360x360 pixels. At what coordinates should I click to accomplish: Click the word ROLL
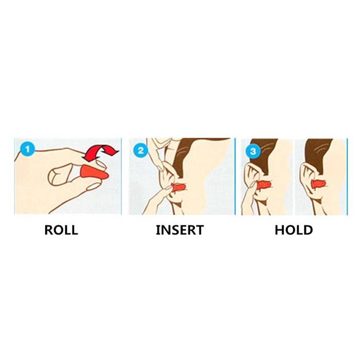(x=61, y=230)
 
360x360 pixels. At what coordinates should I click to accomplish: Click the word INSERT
(x=180, y=230)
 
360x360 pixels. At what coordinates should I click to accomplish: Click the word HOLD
(x=294, y=230)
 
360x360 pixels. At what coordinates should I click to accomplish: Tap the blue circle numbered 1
(x=27, y=150)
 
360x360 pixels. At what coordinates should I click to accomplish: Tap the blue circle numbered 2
(x=141, y=151)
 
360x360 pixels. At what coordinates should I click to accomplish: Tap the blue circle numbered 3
(x=253, y=152)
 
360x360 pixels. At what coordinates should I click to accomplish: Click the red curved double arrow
(x=101, y=153)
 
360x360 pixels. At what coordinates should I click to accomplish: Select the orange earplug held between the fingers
(x=95, y=173)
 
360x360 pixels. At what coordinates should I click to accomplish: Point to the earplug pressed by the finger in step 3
(x=264, y=185)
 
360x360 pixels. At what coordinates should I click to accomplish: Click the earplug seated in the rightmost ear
(x=318, y=184)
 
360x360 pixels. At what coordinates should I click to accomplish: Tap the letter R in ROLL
(x=49, y=230)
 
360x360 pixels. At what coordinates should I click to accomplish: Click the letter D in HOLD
(x=308, y=230)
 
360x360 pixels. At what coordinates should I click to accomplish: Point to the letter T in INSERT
(x=200, y=230)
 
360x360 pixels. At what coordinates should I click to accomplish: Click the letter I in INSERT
(x=157, y=230)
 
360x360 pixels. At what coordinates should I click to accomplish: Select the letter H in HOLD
(x=279, y=230)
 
